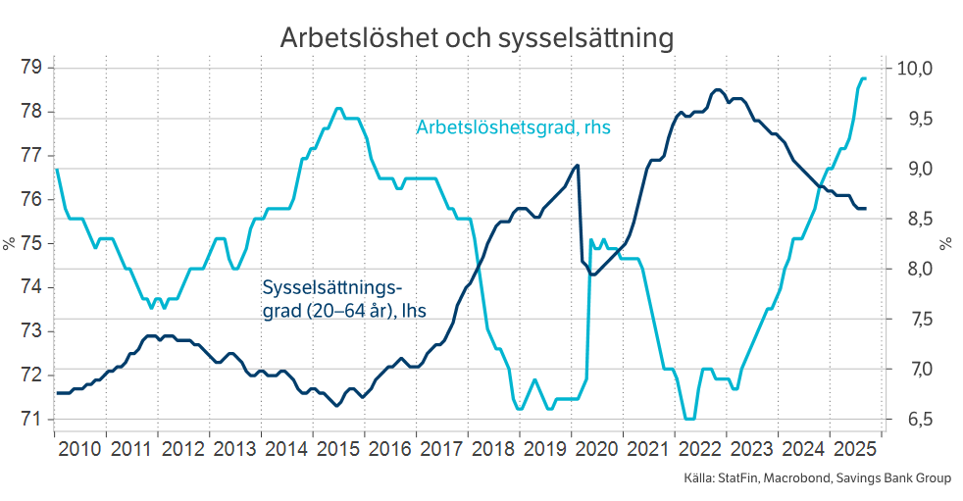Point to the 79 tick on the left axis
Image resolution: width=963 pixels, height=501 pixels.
[29, 68]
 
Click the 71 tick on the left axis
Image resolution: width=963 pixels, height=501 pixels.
[29, 419]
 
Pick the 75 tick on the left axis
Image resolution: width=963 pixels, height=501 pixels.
[29, 243]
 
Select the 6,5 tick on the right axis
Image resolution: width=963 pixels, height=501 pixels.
[908, 419]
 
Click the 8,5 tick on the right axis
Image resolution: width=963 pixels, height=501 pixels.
[908, 219]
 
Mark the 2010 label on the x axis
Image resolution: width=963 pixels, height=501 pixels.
[79, 449]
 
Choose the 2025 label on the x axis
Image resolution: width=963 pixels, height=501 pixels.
[854, 449]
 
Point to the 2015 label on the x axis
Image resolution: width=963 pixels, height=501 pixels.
[337, 449]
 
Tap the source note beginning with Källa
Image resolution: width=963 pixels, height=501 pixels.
[817, 479]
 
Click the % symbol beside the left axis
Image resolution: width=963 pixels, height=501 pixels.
[9, 243]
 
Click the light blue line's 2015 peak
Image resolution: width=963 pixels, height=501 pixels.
[337, 109]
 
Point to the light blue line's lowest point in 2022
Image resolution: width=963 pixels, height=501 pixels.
[689, 419]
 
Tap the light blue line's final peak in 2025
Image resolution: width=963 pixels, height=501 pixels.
[863, 78]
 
